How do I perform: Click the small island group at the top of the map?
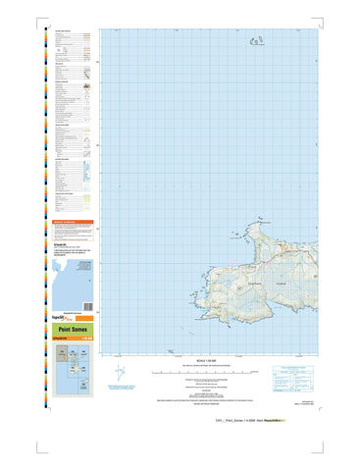pos(260,41)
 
